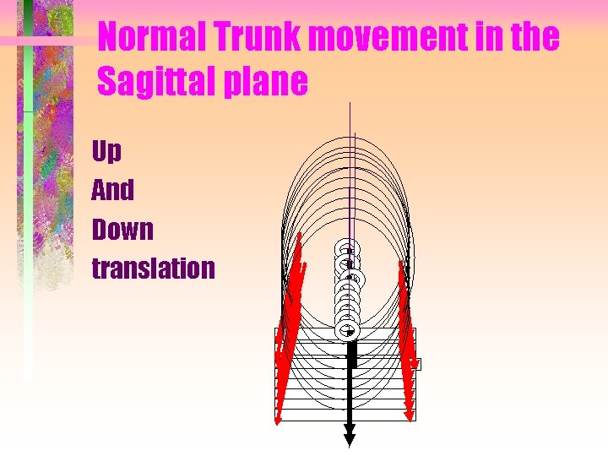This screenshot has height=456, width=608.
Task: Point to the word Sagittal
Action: point(160,82)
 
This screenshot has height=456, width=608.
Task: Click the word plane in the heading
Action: point(268,82)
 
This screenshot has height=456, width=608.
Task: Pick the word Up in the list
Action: point(106,152)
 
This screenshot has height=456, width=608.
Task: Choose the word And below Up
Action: point(113,190)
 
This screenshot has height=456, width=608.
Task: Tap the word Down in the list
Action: point(123,229)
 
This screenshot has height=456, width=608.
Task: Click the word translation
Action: point(153,269)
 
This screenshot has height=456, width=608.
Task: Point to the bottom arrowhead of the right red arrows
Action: point(410,415)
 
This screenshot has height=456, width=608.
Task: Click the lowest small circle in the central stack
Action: point(349,331)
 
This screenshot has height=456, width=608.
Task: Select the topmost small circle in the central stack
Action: point(347,249)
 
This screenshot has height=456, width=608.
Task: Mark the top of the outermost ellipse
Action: point(349,135)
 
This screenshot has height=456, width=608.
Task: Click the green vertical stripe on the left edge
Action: point(28,211)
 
